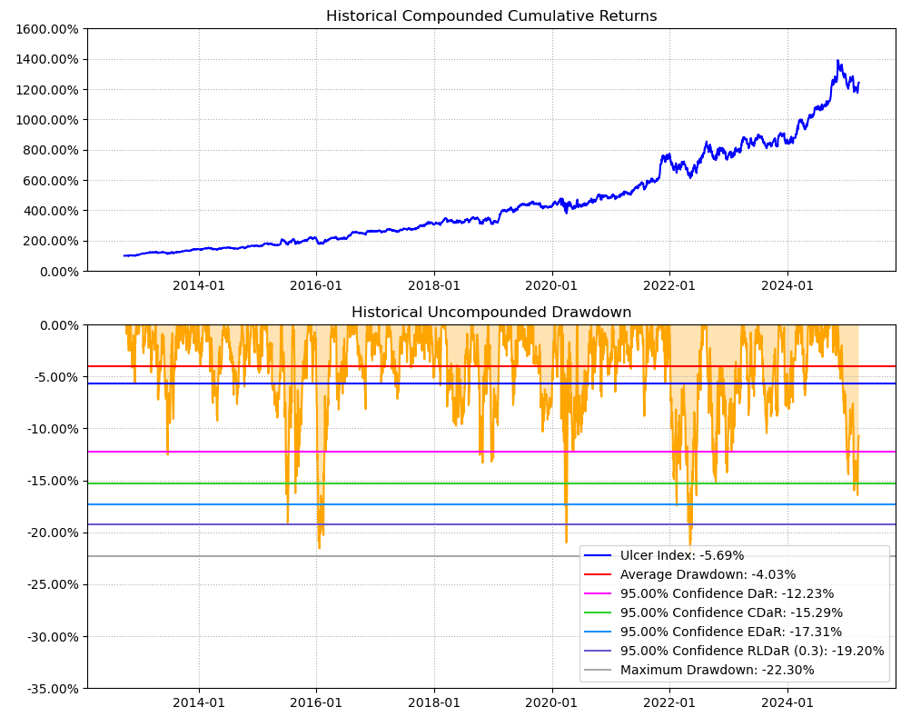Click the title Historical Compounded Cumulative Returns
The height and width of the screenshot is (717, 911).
[x=491, y=16]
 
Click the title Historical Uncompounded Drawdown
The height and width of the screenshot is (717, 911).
[x=491, y=313]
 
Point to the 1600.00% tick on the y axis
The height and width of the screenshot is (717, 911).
[x=46, y=29]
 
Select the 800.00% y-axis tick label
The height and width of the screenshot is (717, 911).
[x=49, y=150]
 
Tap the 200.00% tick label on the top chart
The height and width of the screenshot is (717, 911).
[x=49, y=241]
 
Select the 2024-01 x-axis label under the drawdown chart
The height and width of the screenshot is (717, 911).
[x=787, y=702]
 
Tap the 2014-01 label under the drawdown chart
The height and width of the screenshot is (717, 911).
[x=199, y=702]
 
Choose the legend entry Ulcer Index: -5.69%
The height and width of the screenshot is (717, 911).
[x=681, y=555]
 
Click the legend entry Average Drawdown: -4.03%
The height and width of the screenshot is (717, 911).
[x=708, y=574]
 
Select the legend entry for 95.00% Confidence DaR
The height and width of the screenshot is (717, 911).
[x=727, y=593]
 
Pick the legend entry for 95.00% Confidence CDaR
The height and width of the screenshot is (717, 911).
[x=731, y=612]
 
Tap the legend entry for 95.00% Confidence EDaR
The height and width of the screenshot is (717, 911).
[x=730, y=632]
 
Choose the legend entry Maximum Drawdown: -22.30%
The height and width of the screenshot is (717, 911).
[x=717, y=670]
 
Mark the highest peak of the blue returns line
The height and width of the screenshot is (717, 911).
[x=837, y=61]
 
